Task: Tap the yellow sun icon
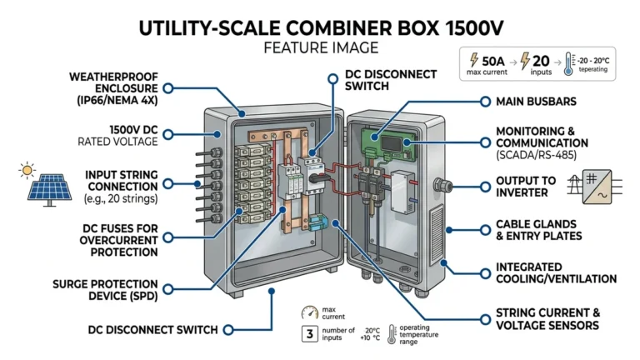(27, 171)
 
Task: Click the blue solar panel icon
(49, 188)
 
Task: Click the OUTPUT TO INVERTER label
(527, 187)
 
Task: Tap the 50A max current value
(494, 59)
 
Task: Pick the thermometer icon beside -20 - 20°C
(567, 64)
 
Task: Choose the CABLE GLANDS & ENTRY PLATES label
(539, 230)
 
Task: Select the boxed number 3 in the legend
(307, 335)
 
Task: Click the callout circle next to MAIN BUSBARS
(485, 101)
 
